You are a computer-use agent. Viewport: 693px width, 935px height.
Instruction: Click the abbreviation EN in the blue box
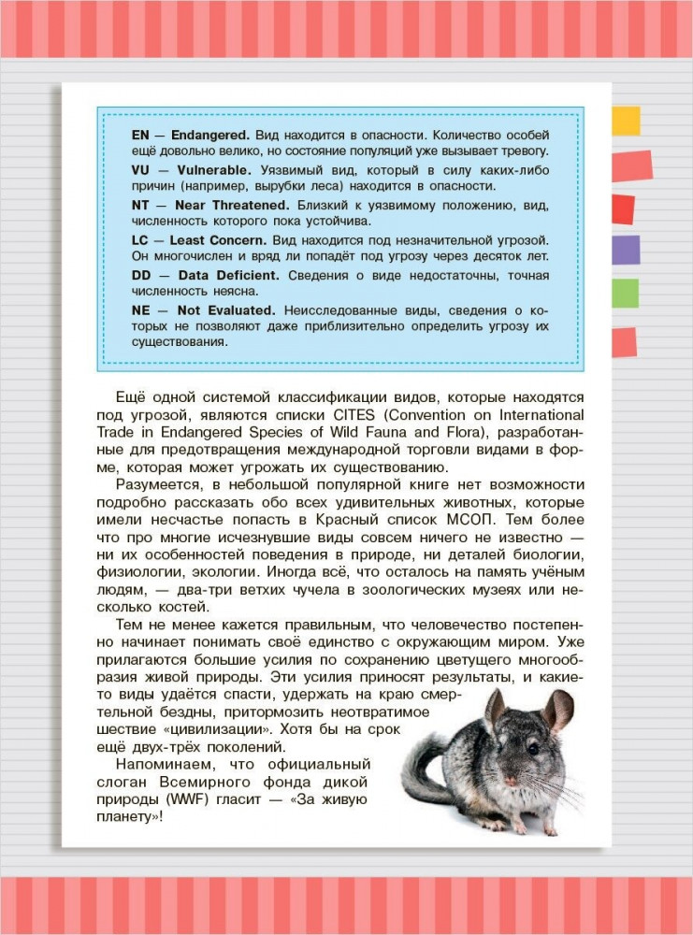(141, 135)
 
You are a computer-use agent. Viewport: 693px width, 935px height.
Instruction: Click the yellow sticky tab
(626, 120)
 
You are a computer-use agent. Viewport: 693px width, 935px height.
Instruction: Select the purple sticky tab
(626, 250)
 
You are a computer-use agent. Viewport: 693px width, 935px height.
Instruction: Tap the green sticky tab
(625, 293)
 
